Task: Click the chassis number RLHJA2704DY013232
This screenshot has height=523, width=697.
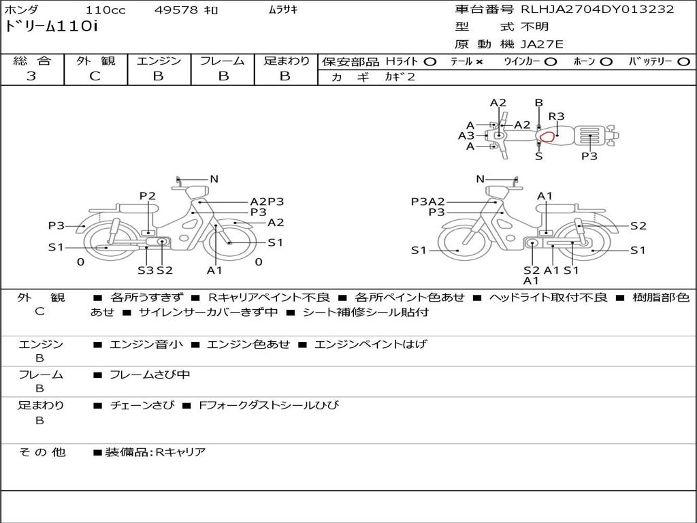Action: coord(597,10)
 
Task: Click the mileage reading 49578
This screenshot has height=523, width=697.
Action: coord(176,10)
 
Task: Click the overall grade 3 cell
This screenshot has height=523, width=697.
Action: coord(31,76)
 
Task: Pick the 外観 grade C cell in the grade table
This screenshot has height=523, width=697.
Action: coord(95,76)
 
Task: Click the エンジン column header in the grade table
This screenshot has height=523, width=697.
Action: coord(159,61)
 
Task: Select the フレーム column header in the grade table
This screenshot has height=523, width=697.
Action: coord(222,61)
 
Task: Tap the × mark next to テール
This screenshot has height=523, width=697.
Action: coord(479,62)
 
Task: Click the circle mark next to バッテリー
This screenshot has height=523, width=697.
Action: coord(683,62)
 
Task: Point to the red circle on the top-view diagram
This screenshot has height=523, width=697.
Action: coord(547,137)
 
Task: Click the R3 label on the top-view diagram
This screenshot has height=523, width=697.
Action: coord(557,116)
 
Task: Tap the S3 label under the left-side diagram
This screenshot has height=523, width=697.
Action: coord(146,270)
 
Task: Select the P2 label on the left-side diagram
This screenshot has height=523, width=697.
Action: coord(148,196)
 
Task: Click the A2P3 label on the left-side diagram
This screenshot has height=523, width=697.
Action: coord(267,202)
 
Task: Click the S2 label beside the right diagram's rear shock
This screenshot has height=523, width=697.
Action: coord(638,226)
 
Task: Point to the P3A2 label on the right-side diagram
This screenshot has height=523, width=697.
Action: coord(428,202)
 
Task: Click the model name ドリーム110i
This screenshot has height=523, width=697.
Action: coord(52,28)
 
